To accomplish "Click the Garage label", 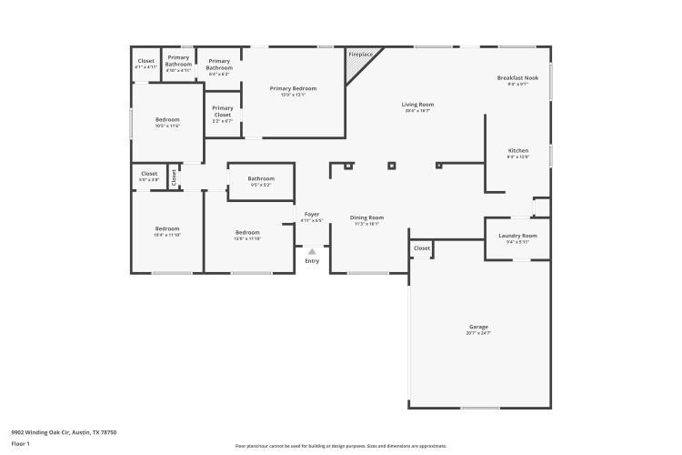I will point(478,328).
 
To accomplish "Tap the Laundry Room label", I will point(517,236).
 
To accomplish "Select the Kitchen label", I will point(517,151).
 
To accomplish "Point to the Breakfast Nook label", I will point(517,78).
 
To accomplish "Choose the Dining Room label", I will point(367,217).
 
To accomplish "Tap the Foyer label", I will point(312,214).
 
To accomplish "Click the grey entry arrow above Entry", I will point(312,251).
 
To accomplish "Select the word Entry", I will point(312,261).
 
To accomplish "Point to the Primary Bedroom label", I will point(293,88).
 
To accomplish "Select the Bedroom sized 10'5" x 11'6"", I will point(167,120).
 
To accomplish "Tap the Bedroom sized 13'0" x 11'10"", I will point(248,232).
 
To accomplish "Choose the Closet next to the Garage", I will point(422,248).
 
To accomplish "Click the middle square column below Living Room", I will point(392,166).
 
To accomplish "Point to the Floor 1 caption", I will point(21,444).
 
